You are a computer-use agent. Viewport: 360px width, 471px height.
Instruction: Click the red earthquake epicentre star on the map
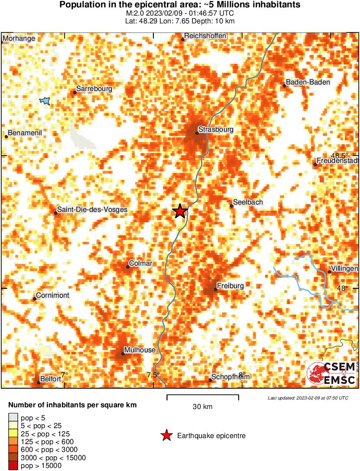click(180, 211)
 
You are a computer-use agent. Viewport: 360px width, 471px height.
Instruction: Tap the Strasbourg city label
click(216, 130)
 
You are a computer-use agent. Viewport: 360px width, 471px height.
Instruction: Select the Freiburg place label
click(230, 286)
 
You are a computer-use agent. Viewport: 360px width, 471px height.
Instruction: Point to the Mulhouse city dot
click(123, 354)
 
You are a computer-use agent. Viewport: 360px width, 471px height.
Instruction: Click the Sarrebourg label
click(94, 89)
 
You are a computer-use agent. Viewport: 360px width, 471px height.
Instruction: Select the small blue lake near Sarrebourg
click(45, 101)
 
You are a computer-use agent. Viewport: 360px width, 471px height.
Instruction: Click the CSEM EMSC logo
click(331, 374)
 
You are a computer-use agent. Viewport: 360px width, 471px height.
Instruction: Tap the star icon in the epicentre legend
click(166, 435)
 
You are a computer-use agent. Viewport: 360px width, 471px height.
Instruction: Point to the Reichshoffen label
click(205, 36)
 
